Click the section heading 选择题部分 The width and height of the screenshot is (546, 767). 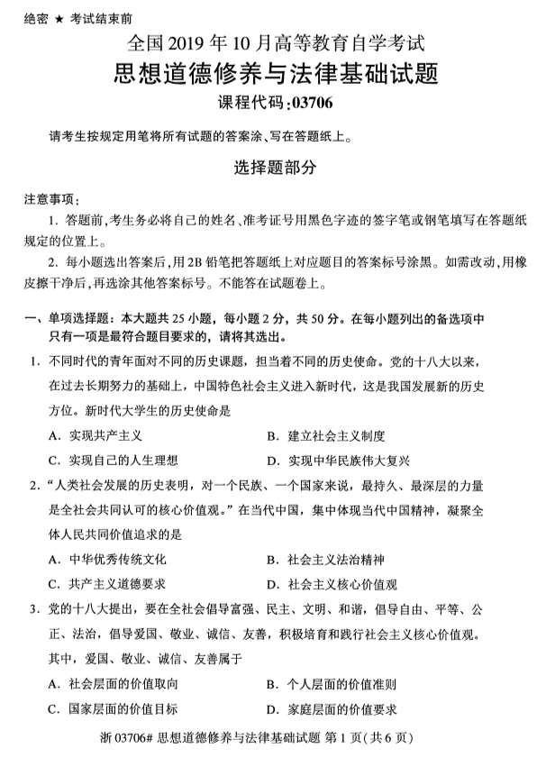272,168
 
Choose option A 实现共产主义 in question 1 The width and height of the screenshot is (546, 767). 96,436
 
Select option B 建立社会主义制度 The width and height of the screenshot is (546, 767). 325,436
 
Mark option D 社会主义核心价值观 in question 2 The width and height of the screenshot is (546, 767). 332,583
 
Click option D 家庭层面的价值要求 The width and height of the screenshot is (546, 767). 332,708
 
